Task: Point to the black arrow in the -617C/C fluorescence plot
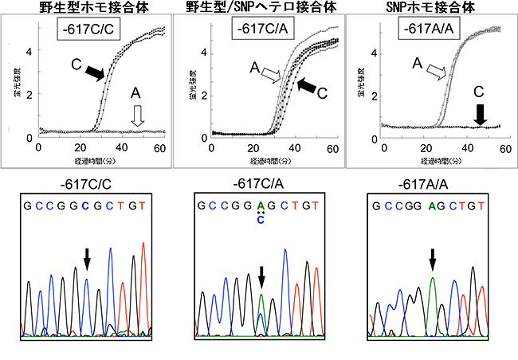point(94,73)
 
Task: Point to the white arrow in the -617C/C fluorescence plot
point(136,117)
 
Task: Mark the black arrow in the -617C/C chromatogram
point(86,256)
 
